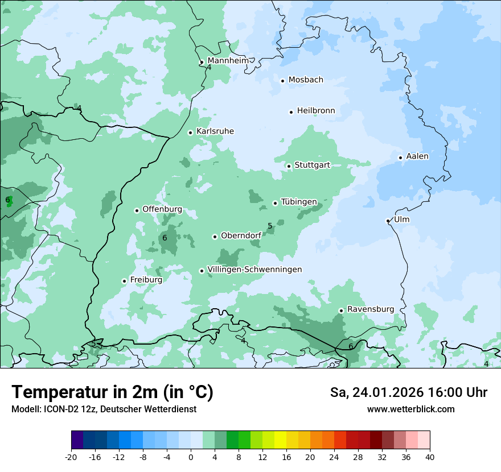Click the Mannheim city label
coord(228,60)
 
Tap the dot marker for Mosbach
coord(282,81)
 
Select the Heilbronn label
coord(316,110)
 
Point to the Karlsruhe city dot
coord(190,133)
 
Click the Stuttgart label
coord(312,165)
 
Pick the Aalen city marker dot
coord(400,158)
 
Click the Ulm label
coord(401,219)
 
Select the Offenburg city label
coord(162,209)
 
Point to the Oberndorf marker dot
coord(215,237)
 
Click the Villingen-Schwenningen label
coord(254,269)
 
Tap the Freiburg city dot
coord(124,281)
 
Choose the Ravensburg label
coord(371,309)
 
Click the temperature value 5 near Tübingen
coord(270,226)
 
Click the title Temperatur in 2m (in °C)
coord(112,392)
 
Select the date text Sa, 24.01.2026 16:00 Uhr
coord(408,392)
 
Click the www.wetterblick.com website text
coord(410,409)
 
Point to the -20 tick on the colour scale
coord(71,457)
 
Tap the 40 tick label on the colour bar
coord(430,457)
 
